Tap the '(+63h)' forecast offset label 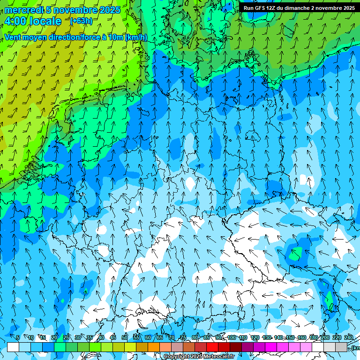[x=81, y=21]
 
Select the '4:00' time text [x=15, y=21]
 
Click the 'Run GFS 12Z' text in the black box [x=260, y=8]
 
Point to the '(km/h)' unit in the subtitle [x=136, y=37]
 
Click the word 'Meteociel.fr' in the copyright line [x=218, y=357]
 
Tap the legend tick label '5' [x=18, y=337]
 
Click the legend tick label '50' [x=125, y=337]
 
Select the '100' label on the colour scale [x=232, y=337]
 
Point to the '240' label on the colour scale [x=348, y=337]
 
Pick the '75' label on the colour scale [x=183, y=337]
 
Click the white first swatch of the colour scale [x=13, y=347]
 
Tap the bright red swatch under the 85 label [x=212, y=347]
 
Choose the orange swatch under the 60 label [x=154, y=347]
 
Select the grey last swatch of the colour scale [x=341, y=347]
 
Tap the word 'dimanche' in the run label [x=296, y=8]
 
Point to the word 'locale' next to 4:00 [x=45, y=21]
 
